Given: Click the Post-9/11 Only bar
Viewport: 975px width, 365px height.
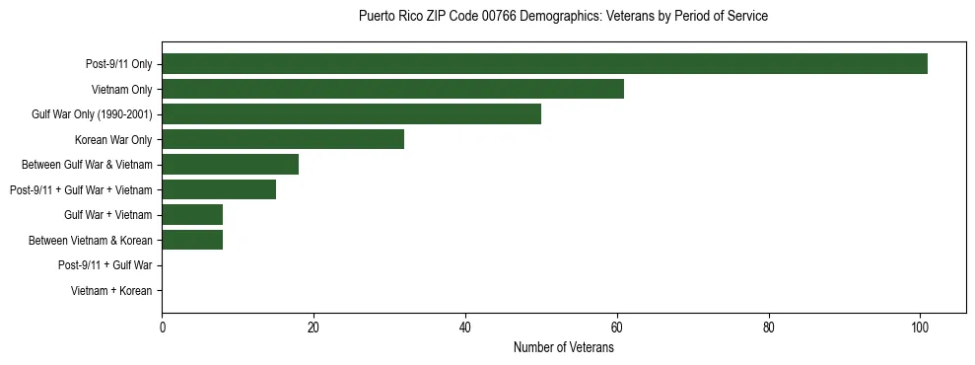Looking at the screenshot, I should click(x=544, y=64).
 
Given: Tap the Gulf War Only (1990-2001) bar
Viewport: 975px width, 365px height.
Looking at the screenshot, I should click(x=351, y=114).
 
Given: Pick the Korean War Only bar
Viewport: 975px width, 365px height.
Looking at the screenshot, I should click(x=283, y=139).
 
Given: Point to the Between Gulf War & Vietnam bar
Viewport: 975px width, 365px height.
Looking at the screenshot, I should click(x=230, y=165).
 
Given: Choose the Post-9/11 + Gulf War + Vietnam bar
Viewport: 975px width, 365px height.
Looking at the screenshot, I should click(x=219, y=189).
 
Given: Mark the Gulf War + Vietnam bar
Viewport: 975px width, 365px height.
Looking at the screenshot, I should click(x=192, y=214).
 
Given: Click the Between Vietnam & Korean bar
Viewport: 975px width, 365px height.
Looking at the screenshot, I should click(x=192, y=240).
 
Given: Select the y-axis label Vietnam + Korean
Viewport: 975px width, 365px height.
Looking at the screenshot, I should click(x=111, y=291).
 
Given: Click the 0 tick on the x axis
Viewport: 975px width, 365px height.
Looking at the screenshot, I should click(x=162, y=328).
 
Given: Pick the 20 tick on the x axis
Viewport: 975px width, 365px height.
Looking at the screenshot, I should click(x=313, y=328).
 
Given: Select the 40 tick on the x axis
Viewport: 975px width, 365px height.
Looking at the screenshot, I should click(x=465, y=328).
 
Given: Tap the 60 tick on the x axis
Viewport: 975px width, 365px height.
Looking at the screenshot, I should click(x=617, y=328).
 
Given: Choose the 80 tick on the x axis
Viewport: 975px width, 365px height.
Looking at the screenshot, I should click(x=769, y=328).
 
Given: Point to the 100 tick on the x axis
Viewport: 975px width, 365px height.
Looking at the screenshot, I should click(x=920, y=328).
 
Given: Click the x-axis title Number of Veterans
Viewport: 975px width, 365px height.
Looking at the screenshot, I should click(x=563, y=348).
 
